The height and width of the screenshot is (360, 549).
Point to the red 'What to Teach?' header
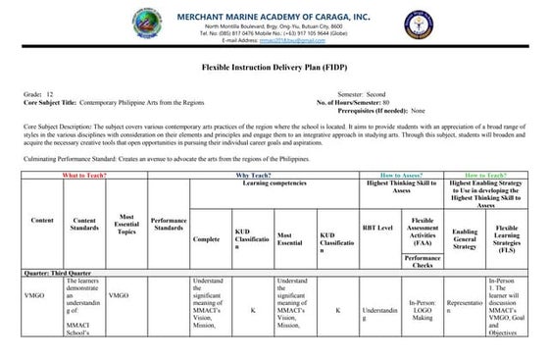point(85,176)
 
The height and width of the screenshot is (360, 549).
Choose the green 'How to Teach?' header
point(487,176)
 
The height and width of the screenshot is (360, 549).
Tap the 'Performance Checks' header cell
point(423,260)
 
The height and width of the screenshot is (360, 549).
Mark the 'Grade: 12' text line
point(38,94)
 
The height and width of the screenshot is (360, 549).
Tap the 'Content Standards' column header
point(84,225)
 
